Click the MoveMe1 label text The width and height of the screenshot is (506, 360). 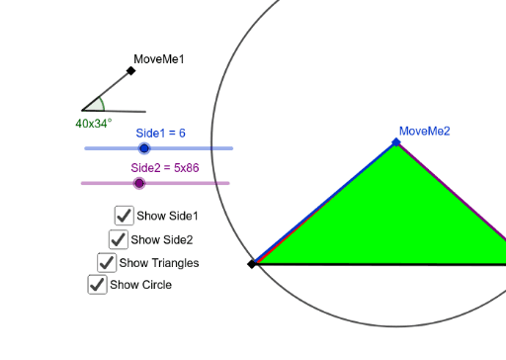tap(158, 59)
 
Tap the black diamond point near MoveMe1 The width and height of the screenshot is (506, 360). tap(130, 70)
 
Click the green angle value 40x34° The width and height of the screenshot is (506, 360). tap(94, 124)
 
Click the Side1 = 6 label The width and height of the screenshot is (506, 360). tap(160, 133)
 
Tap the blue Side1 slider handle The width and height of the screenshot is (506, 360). tap(144, 148)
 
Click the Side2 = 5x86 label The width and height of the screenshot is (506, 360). tap(165, 167)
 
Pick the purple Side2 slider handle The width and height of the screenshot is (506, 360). tap(139, 183)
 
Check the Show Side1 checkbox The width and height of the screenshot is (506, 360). tap(124, 215)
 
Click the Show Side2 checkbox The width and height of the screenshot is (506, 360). tap(118, 238)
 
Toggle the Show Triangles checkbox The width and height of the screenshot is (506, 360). tap(106, 262)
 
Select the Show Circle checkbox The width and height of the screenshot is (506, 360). tap(97, 285)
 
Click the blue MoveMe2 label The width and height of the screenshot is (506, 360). tap(424, 131)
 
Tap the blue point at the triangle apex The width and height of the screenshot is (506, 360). tap(396, 142)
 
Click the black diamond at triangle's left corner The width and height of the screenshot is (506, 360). tap(252, 264)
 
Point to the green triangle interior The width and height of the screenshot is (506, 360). tap(395, 218)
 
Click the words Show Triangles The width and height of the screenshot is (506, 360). tap(158, 263)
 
